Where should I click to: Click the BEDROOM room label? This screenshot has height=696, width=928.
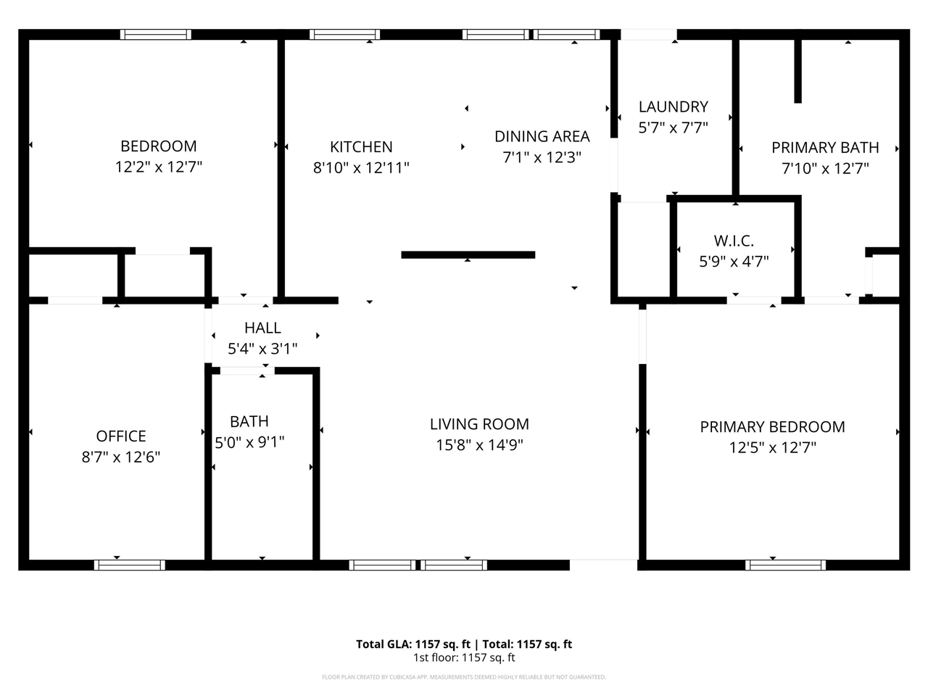(158, 146)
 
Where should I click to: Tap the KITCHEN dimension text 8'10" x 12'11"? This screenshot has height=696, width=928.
(361, 168)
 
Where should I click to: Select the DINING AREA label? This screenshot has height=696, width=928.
(542, 136)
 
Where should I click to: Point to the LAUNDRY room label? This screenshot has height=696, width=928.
(673, 107)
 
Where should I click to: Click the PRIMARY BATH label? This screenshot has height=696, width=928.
(825, 148)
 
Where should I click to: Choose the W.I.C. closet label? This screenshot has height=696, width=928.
(734, 241)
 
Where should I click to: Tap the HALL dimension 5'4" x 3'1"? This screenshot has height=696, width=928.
(262, 349)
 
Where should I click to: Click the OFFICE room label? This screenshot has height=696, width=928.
(121, 436)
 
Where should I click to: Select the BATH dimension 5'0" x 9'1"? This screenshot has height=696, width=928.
(249, 442)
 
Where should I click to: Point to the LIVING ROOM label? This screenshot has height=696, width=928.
(479, 424)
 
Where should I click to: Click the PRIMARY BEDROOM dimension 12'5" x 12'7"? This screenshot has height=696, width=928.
(772, 448)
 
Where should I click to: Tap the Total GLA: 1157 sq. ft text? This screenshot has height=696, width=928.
(413, 644)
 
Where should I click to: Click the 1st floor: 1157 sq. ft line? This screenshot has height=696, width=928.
(464, 658)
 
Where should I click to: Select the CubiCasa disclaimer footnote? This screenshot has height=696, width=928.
(464, 677)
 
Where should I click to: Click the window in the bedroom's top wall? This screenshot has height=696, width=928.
(156, 34)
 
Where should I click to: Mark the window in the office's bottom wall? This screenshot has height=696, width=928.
(130, 565)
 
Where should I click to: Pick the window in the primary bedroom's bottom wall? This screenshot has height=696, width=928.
(785, 565)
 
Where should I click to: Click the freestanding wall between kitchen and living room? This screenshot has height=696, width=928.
(468, 254)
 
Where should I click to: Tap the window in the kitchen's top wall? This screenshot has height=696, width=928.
(344, 34)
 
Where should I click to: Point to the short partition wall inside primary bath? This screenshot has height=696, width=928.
(797, 70)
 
